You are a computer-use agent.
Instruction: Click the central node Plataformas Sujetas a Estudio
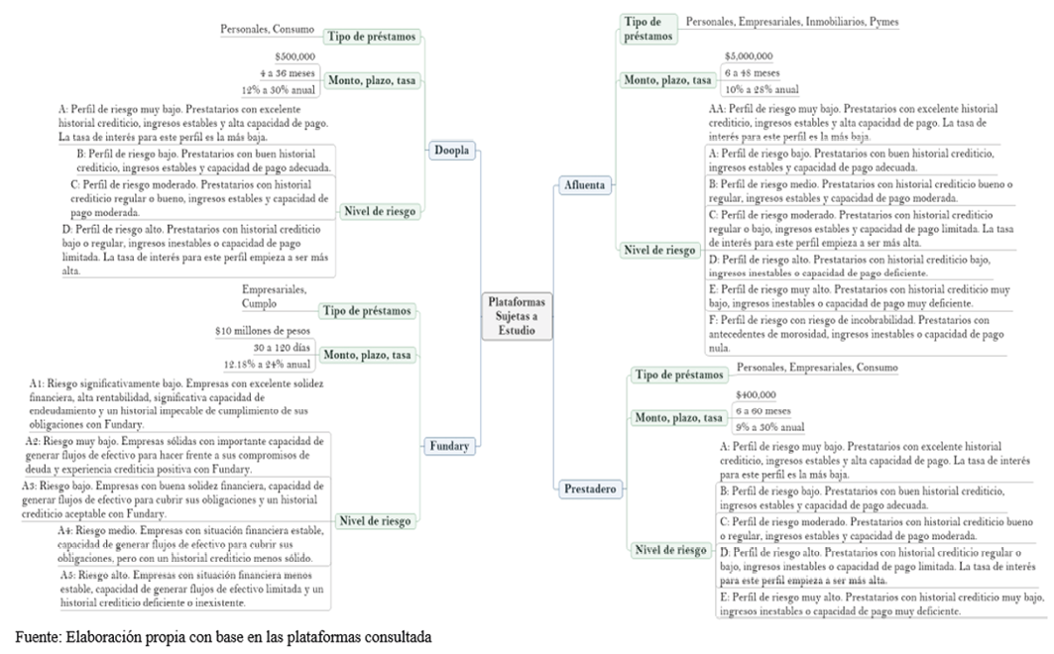point(517,315)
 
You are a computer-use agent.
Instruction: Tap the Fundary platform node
point(449,446)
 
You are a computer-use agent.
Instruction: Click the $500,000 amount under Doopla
point(294,56)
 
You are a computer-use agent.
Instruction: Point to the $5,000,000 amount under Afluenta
point(749,56)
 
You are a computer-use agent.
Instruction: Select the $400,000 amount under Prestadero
point(757,393)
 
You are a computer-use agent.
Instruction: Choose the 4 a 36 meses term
point(295,73)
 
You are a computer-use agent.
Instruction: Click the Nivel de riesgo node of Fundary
point(377,520)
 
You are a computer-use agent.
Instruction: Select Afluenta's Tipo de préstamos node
point(647,28)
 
